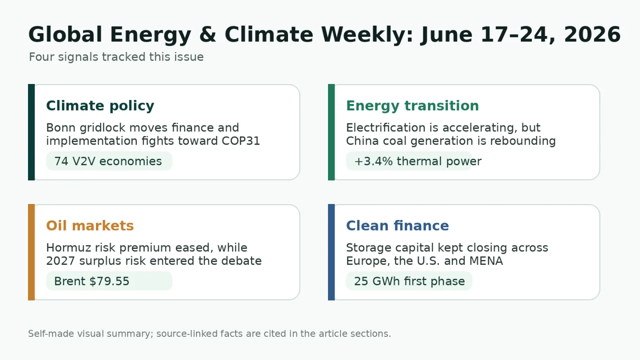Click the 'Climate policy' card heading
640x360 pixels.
point(100,106)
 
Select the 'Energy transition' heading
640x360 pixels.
point(412,106)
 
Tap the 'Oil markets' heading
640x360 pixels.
point(90,226)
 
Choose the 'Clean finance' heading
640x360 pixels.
point(397,226)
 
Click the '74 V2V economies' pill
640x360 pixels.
point(109,161)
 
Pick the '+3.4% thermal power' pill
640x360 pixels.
point(409,161)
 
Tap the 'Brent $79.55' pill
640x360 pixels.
point(109,281)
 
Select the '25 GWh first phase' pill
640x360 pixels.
point(409,281)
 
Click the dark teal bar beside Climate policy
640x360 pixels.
point(32,132)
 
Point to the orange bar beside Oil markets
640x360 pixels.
point(32,252)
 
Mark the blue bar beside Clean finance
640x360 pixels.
point(332,252)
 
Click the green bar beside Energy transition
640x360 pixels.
point(332,132)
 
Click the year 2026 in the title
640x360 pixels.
point(592,35)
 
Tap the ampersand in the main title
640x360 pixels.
point(208,35)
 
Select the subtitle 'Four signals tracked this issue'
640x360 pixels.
point(116,57)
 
